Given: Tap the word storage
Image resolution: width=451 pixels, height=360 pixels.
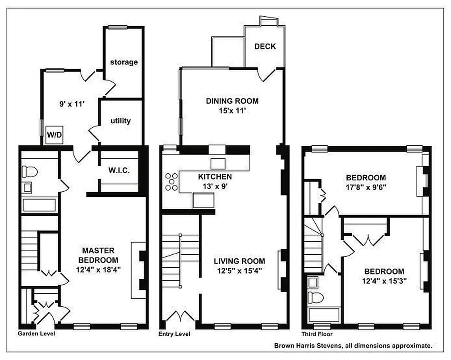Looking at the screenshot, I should click(x=124, y=62).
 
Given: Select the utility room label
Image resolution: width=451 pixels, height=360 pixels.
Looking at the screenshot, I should click(x=120, y=121).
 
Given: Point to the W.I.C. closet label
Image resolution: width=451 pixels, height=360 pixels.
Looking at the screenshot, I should click(x=119, y=171).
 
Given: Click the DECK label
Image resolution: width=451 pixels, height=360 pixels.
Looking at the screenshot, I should click(x=265, y=46).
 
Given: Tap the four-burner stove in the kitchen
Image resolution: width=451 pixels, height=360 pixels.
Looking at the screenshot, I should click(x=171, y=181).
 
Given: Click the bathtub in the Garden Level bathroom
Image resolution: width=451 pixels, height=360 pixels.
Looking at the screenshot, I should click(x=39, y=205).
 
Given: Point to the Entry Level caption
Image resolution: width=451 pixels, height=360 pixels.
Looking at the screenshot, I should click(x=174, y=334).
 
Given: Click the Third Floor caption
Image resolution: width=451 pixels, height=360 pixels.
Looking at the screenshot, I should click(x=317, y=334).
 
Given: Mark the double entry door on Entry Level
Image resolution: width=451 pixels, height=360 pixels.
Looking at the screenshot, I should click(x=181, y=317).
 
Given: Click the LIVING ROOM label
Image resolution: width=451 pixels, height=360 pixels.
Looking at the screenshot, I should click(x=239, y=261).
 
